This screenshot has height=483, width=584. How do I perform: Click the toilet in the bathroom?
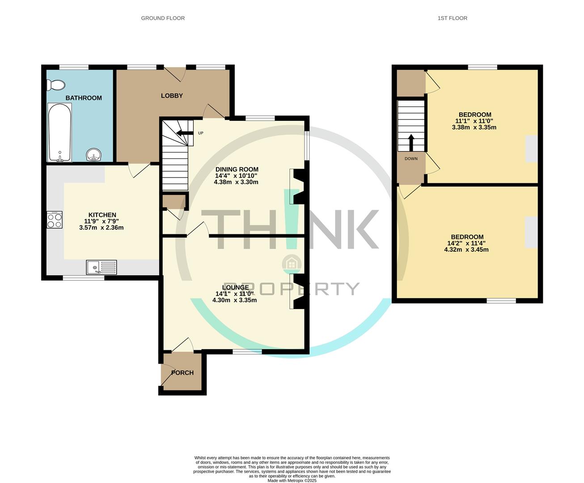point(56,85)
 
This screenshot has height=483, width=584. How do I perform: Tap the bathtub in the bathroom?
point(59,132)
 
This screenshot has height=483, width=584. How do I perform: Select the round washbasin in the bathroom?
point(94,155)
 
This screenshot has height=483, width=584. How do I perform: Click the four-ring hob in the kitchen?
point(55,220)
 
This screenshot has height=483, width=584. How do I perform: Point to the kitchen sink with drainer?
point(102,267)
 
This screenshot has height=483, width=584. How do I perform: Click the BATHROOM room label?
point(84,98)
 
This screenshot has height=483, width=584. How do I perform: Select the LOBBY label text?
point(172,96)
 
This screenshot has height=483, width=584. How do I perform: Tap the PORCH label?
point(182,373)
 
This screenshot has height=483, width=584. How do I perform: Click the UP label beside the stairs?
point(201,133)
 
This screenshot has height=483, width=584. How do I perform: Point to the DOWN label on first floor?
point(411,159)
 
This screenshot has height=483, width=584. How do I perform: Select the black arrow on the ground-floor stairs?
point(183,133)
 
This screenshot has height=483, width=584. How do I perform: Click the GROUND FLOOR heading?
point(163,18)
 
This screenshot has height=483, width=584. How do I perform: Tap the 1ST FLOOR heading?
point(453,18)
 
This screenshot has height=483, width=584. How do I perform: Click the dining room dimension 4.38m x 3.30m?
point(236,182)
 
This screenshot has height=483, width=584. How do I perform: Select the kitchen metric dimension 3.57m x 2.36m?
point(101,228)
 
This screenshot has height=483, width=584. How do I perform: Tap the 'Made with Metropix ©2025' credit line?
point(292,481)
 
